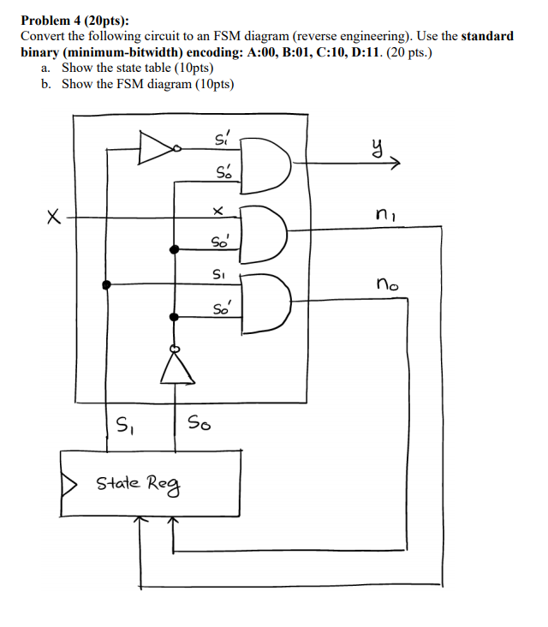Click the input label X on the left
click(54, 220)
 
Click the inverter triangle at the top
click(157, 147)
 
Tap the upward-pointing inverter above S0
click(176, 369)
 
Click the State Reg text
click(137, 483)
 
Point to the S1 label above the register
click(124, 422)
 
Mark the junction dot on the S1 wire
click(106, 284)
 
